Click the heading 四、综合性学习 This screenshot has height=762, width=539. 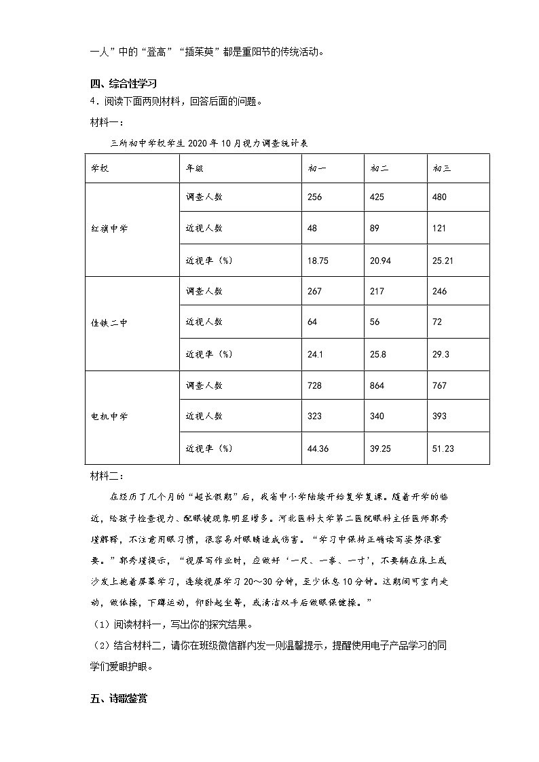(124, 84)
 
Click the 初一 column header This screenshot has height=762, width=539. (316, 168)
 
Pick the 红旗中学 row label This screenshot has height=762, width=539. (109, 229)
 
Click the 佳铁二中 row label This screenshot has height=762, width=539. (109, 323)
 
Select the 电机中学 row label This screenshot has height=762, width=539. (109, 417)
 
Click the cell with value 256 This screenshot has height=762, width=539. (314, 197)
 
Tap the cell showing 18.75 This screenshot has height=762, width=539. (318, 260)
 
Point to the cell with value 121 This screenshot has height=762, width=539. (439, 229)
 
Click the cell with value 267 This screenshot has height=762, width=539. (314, 292)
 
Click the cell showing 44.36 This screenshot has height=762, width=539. (318, 449)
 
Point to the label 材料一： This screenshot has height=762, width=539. (107, 123)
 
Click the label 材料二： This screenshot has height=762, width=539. (107, 475)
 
